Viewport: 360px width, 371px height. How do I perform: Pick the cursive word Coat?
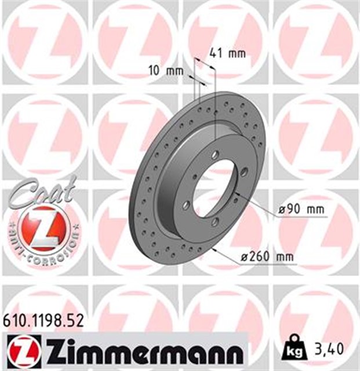coord(41,191)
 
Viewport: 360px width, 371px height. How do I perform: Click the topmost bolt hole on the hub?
coord(216,155)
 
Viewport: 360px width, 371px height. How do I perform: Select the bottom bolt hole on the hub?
coord(215,222)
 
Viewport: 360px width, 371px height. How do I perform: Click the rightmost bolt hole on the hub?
coord(244,171)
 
